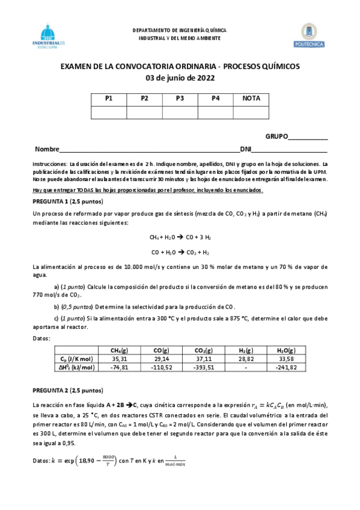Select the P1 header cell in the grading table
109,99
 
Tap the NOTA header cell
251,99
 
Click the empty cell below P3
180,112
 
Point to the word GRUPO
276,137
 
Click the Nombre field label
47,149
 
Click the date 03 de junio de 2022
180,78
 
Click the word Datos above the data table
42,338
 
